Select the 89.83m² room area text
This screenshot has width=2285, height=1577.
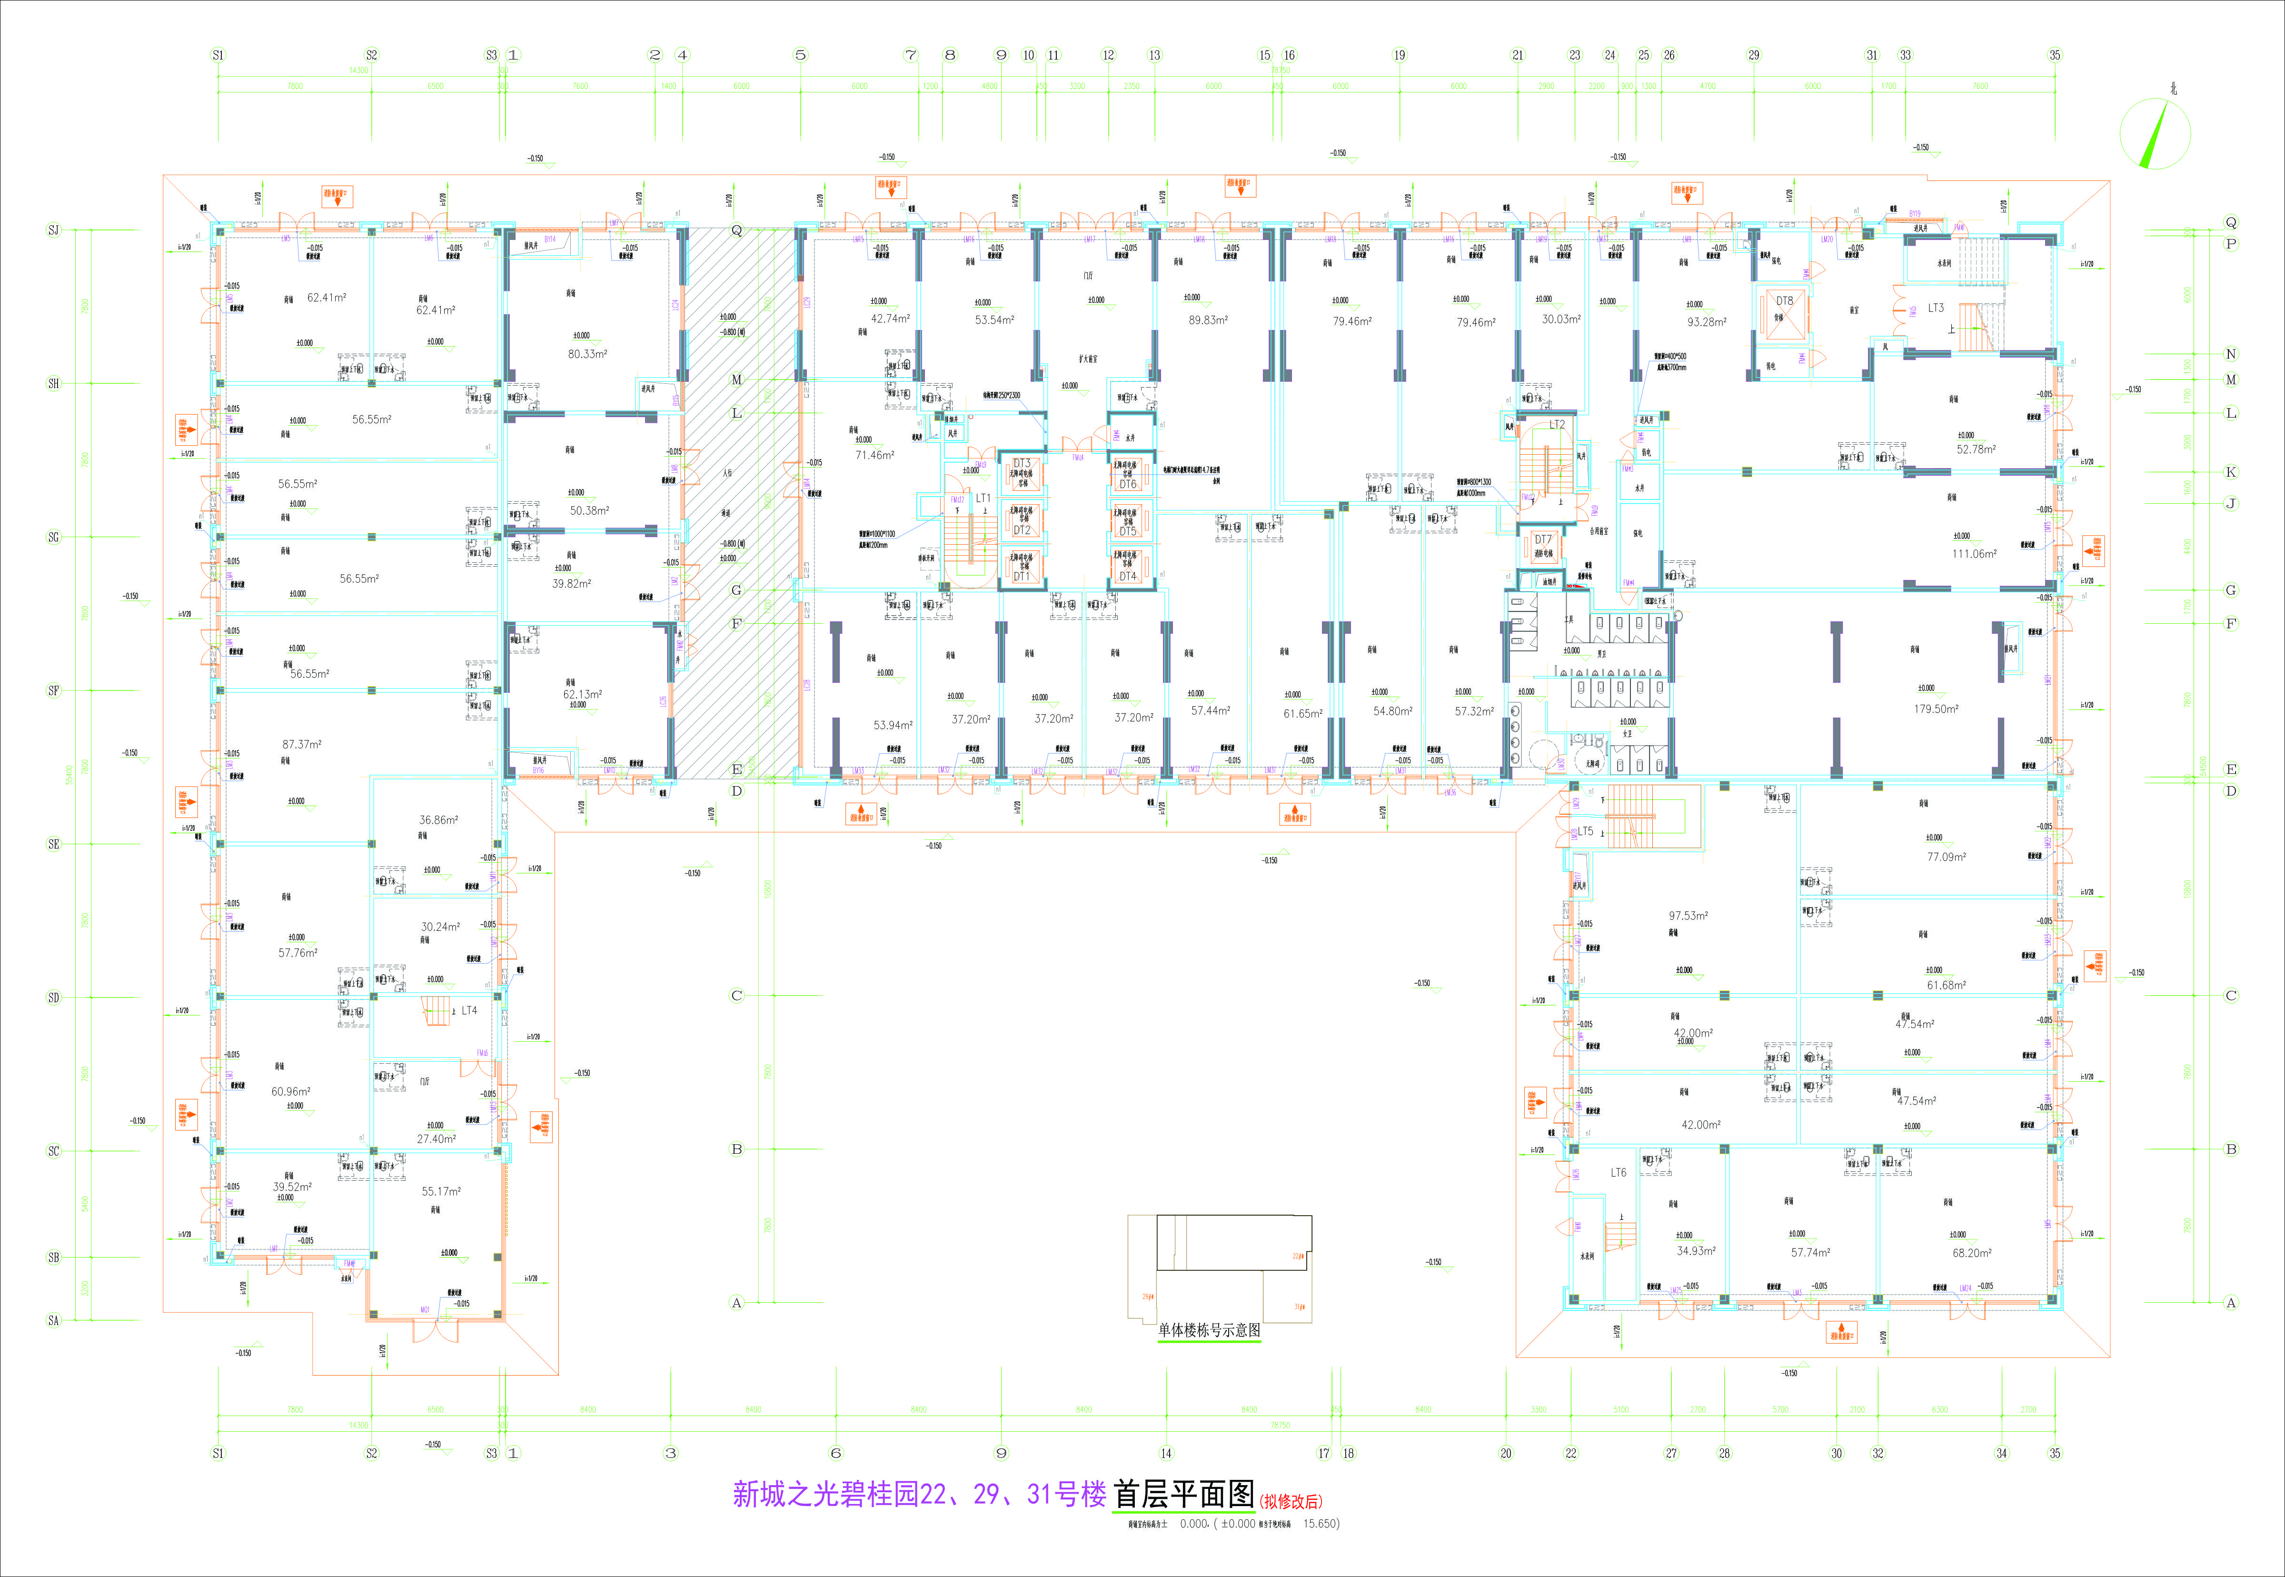point(1208,320)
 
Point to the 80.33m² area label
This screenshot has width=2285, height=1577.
point(587,354)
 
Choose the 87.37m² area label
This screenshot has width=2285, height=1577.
point(301,744)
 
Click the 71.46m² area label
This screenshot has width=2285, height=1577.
point(874,456)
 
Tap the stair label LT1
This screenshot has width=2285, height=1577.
point(983,498)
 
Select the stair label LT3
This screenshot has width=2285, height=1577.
point(1935,308)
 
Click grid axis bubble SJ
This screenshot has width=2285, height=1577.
point(53,230)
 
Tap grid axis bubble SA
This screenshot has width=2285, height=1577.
point(53,1320)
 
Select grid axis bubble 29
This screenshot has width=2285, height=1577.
point(1754,55)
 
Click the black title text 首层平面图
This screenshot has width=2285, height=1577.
point(1183,1494)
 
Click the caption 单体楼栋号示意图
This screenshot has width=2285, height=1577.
point(1209,1330)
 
